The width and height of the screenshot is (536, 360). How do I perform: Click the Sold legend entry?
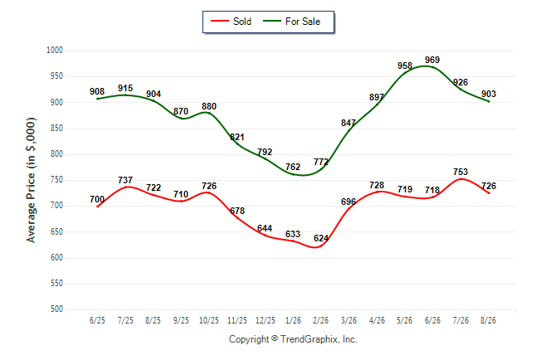tap(231, 22)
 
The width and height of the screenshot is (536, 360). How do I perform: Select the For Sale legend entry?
tap(291, 22)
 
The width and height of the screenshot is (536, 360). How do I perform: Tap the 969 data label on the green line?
tap(432, 60)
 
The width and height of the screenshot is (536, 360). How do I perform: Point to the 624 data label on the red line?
tap(321, 238)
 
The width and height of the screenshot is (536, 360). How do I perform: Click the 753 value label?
tap(460, 172)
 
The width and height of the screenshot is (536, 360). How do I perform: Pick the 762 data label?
tap(293, 167)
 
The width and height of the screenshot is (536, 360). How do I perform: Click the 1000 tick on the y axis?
tap(55, 51)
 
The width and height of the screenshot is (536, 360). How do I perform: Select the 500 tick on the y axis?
tap(56, 309)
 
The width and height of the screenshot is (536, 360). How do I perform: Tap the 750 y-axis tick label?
tap(56, 180)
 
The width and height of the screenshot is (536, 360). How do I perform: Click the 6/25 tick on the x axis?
tap(97, 320)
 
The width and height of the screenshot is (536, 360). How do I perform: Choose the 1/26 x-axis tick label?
tap(293, 320)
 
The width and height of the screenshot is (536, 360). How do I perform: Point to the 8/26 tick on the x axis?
tap(488, 320)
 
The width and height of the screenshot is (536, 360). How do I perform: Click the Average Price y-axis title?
tap(31, 180)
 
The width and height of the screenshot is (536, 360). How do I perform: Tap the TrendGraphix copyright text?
tap(293, 339)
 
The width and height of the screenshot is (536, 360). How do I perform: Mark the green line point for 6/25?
tap(97, 99)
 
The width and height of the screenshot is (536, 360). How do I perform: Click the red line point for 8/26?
tap(489, 192)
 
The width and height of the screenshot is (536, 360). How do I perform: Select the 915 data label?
tap(125, 88)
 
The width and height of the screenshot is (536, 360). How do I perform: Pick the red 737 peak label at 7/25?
tap(125, 180)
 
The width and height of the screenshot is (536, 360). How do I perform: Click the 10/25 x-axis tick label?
tap(209, 320)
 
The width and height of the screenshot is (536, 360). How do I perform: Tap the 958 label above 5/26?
tap(405, 66)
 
